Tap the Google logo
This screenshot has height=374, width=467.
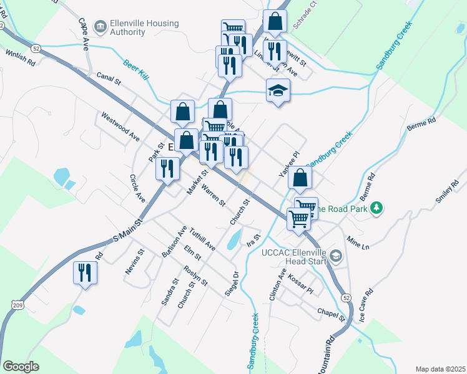point(20,367)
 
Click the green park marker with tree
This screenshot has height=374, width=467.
point(376,209)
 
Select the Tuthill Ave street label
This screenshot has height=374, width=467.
point(202,239)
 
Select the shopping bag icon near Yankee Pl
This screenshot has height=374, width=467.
point(300,178)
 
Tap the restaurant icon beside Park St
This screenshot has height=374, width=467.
point(167,168)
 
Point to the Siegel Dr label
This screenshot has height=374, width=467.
point(231,284)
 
